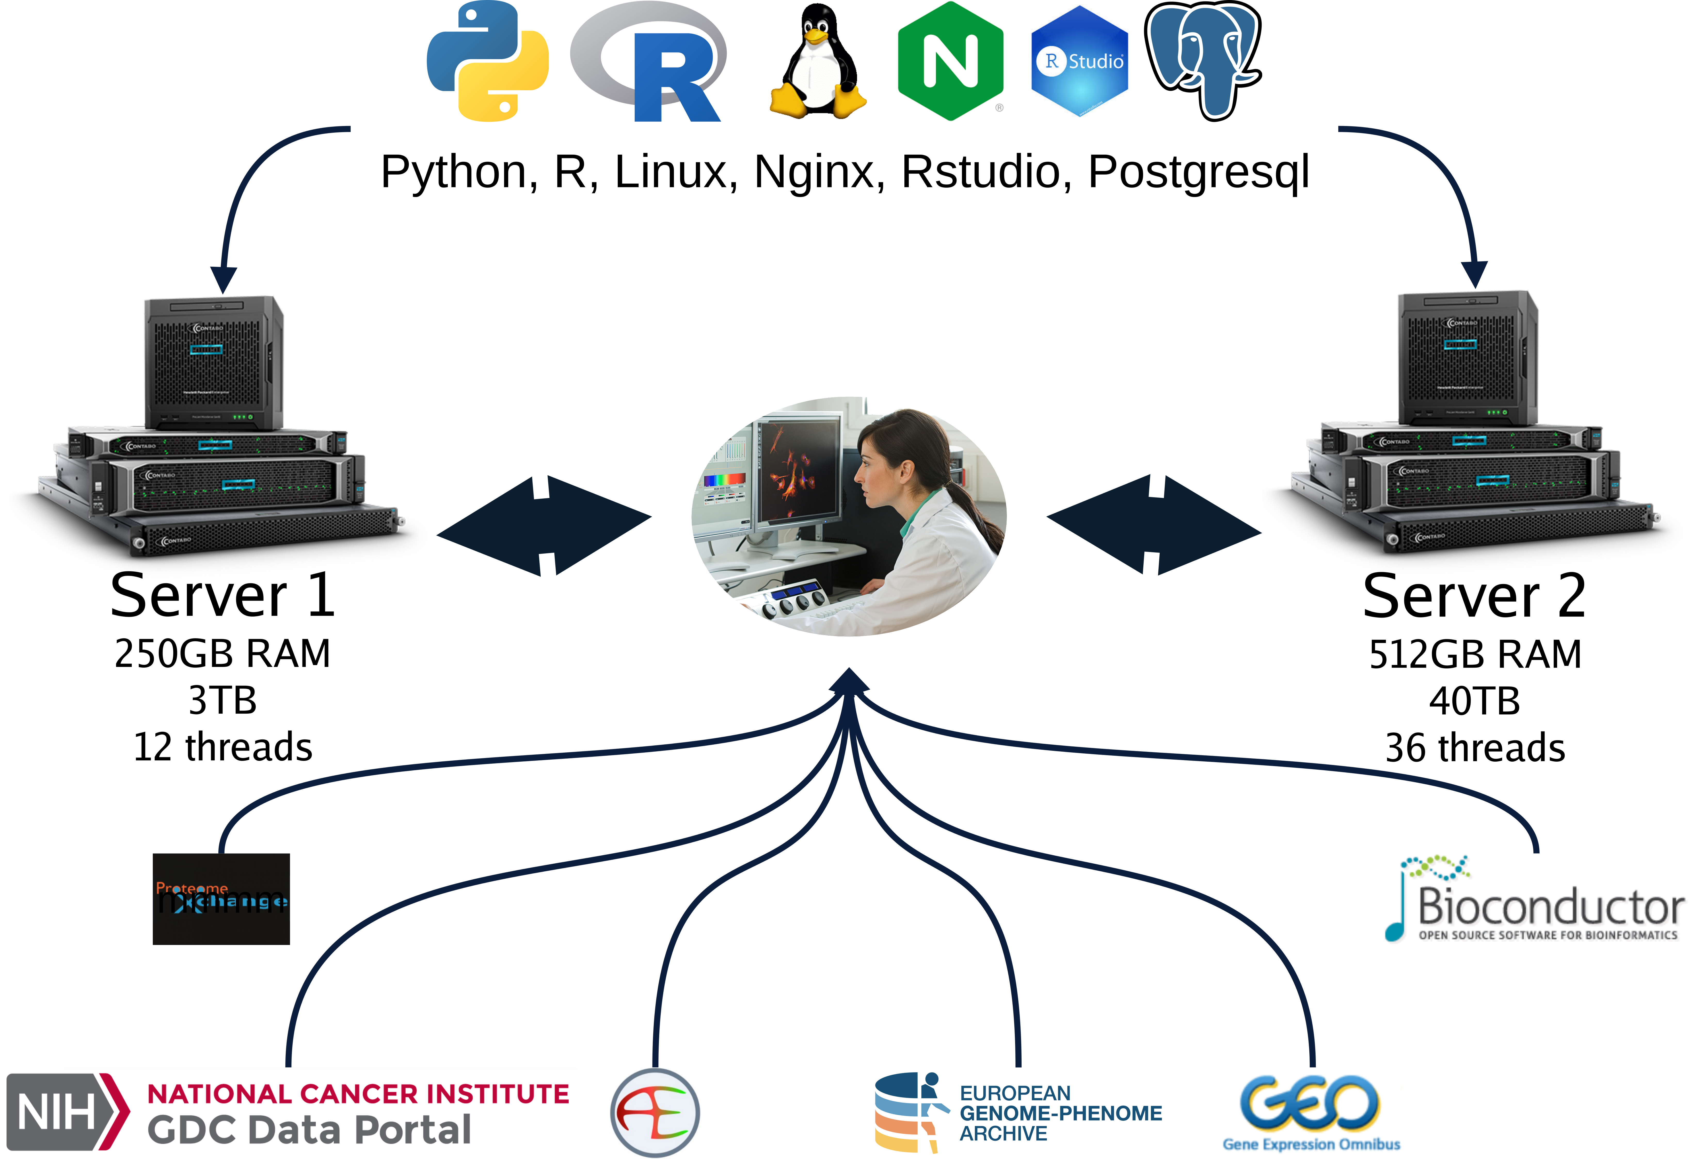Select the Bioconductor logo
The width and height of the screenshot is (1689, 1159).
[1536, 900]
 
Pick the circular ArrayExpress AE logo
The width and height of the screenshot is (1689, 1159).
[655, 1113]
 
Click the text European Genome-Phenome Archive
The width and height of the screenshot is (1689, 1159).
[1059, 1113]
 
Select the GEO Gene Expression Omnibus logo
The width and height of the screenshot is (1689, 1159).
[1312, 1113]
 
